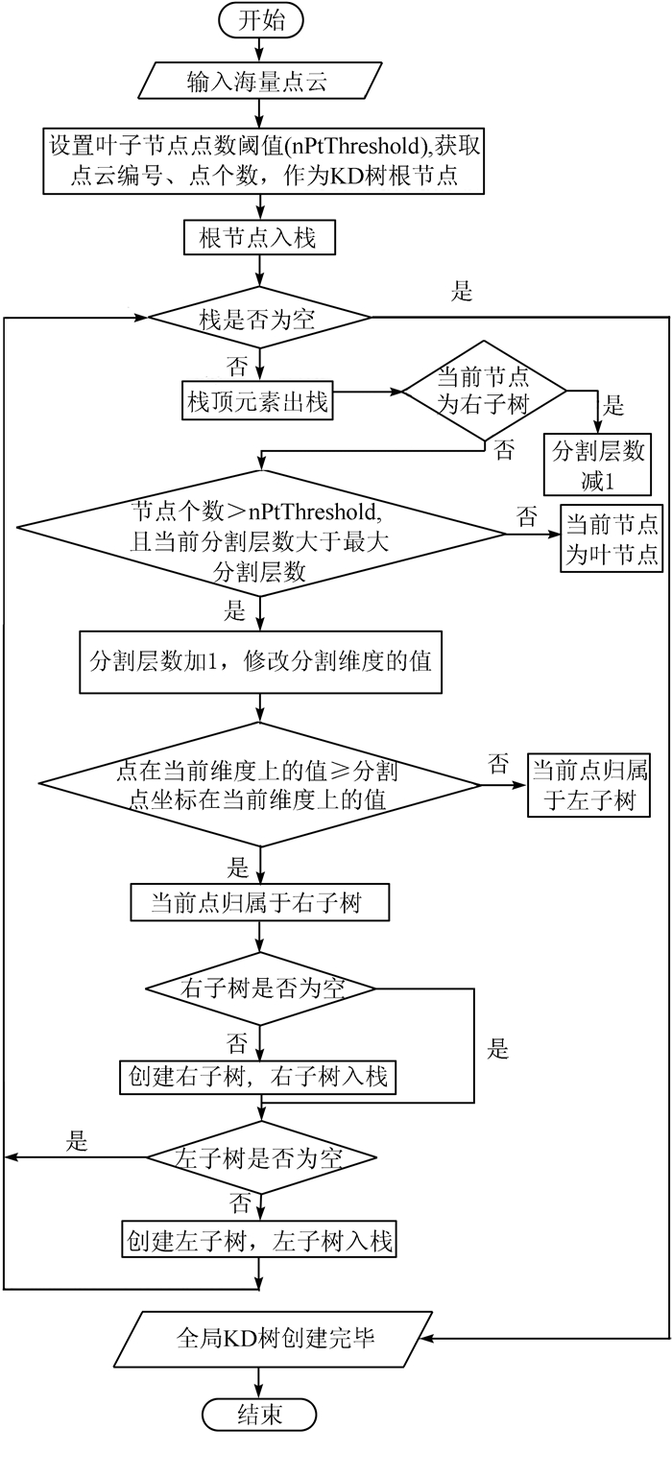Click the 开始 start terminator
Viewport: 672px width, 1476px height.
[x=259, y=19]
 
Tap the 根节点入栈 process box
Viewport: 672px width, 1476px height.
[x=259, y=237]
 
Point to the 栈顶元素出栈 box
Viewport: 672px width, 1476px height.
[x=258, y=402]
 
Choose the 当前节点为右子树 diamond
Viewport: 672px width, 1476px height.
[x=484, y=391]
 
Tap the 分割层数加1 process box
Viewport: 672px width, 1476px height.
[x=259, y=661]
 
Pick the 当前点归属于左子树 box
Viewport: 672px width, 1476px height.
[x=588, y=785]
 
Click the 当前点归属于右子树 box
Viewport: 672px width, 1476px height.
[x=258, y=903]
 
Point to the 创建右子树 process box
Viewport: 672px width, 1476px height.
[x=258, y=1077]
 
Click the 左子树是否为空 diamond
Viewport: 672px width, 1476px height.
[x=259, y=1157]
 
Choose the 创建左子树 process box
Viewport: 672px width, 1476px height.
[x=258, y=1241]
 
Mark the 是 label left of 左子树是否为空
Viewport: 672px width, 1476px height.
[x=77, y=1142]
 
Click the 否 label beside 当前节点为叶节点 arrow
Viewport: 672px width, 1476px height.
[x=527, y=517]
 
